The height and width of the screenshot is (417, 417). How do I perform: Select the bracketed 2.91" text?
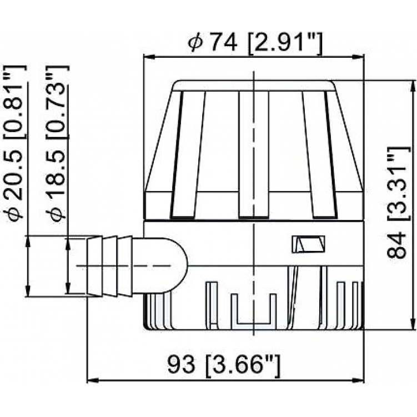[x=285, y=43]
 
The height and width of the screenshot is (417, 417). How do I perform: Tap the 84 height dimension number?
[x=396, y=245]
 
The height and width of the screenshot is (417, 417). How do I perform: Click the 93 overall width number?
[x=181, y=364]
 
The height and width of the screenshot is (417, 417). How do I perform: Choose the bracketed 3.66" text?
[x=243, y=365]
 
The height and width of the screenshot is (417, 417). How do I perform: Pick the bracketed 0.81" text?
[x=15, y=101]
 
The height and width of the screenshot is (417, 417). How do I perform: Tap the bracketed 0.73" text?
[x=57, y=101]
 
